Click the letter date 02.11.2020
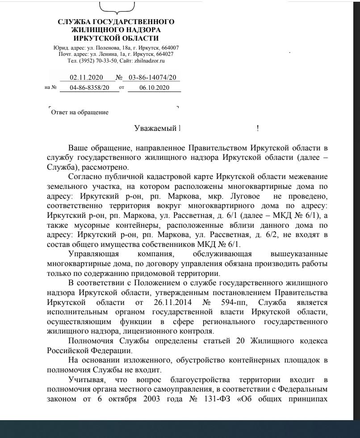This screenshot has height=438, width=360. [86, 78]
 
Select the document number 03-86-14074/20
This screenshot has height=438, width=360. [152, 78]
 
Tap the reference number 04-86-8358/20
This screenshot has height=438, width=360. [90, 88]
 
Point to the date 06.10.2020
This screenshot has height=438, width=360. [154, 88]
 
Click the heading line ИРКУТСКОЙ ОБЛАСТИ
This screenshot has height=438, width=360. [116, 38]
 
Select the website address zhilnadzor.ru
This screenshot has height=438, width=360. [150, 60]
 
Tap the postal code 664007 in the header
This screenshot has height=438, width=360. [172, 48]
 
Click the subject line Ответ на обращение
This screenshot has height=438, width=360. [80, 113]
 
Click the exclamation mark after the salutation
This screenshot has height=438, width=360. [258, 129]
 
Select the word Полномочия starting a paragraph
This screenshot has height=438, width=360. [88, 341]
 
